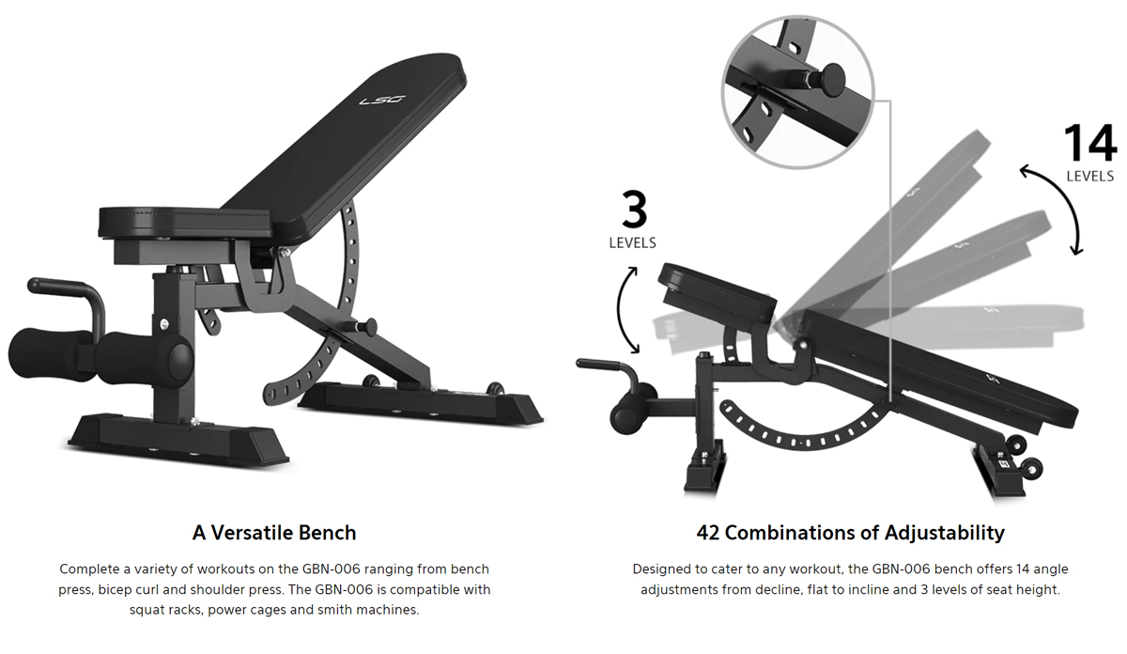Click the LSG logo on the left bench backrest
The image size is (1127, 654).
(x=382, y=101)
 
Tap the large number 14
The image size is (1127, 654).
(x=1089, y=144)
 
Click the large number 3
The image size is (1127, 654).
(x=634, y=210)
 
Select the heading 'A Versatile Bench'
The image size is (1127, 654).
(x=274, y=533)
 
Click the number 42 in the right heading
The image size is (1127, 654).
(x=708, y=533)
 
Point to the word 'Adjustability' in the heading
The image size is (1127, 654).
(x=945, y=533)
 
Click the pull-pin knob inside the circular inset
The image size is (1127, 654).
(x=831, y=80)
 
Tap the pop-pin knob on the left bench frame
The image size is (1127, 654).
(x=369, y=327)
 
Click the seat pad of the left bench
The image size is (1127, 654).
(x=185, y=222)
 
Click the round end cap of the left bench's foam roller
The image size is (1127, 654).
(x=179, y=360)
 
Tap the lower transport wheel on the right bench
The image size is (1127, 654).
(x=1031, y=469)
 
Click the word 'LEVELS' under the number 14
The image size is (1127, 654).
(x=1089, y=177)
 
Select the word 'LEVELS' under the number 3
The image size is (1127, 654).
(x=632, y=243)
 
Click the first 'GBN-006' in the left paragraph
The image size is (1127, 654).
(x=331, y=568)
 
